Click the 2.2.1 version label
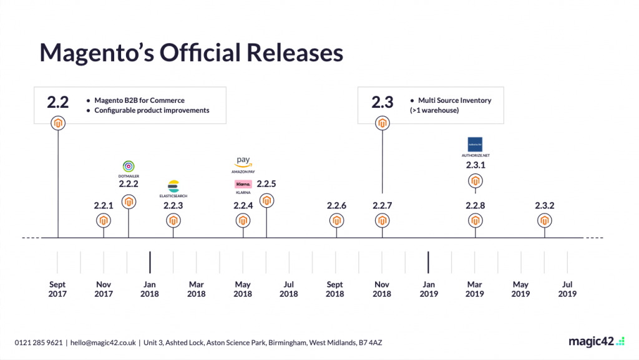click(x=104, y=205)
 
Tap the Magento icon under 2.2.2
click(x=129, y=202)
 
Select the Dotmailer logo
click(x=129, y=167)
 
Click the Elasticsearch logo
click(x=173, y=185)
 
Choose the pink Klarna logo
click(x=243, y=184)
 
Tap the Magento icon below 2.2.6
click(x=336, y=220)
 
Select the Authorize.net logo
click(x=475, y=143)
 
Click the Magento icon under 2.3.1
click(x=476, y=182)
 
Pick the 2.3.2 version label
click(x=545, y=205)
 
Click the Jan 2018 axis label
click(x=150, y=289)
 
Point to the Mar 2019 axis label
click(x=475, y=289)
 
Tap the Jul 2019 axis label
click(x=567, y=289)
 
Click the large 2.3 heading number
click(x=383, y=102)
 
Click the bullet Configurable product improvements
click(x=152, y=110)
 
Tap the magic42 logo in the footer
click(x=596, y=341)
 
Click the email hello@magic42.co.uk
click(x=103, y=342)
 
